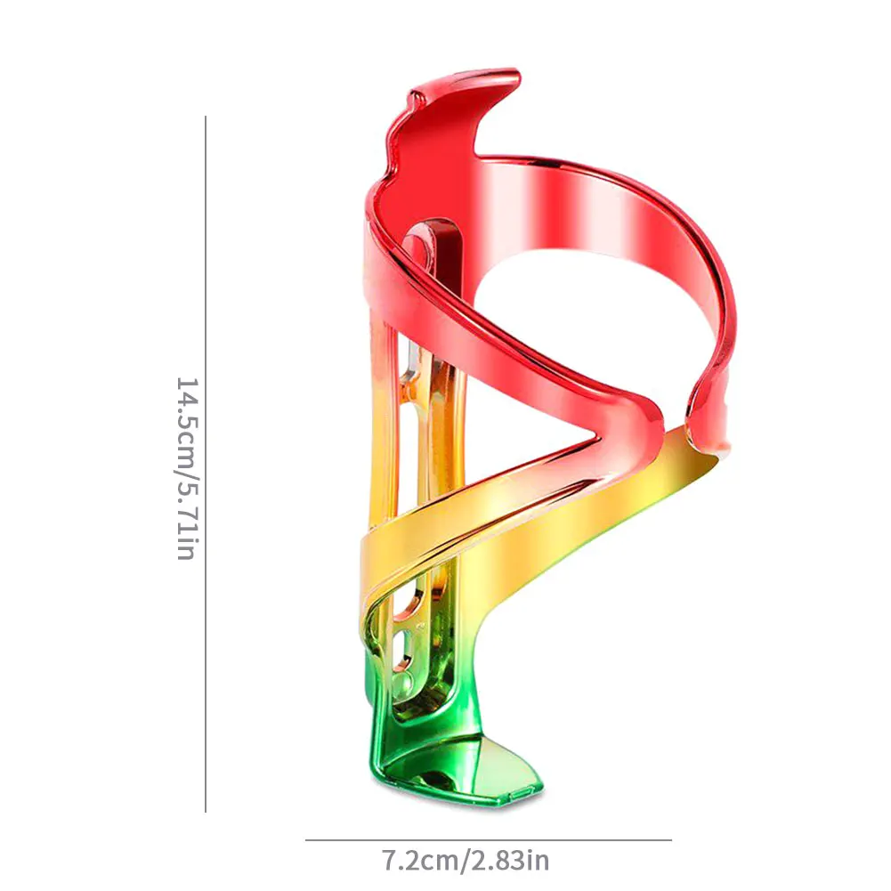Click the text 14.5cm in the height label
point(186,417)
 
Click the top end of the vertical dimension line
point(206,117)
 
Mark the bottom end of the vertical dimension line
point(206,811)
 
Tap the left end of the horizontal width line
point(306,839)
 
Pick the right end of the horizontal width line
point(671,839)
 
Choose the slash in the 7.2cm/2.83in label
point(463,861)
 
